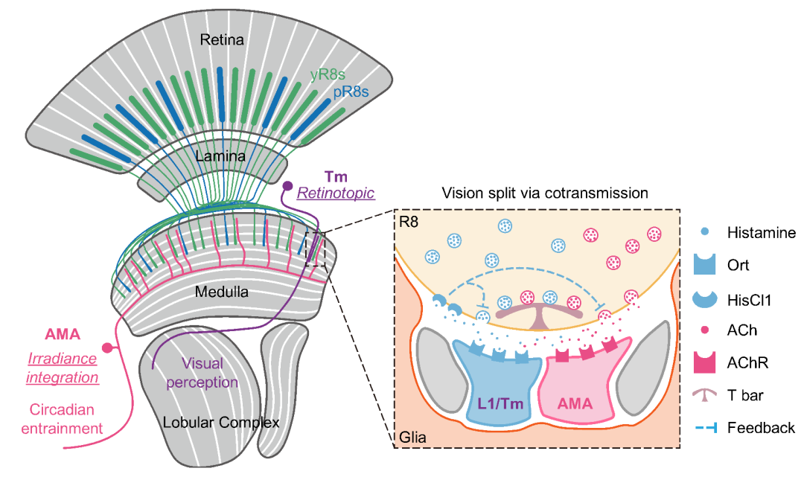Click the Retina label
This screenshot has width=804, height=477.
tap(222, 39)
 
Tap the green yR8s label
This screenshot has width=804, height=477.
tap(331, 74)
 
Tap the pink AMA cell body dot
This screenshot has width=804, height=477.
tap(107, 348)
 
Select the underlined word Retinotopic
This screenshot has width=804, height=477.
tap(335, 194)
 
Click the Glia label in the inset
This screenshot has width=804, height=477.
tap(412, 438)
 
